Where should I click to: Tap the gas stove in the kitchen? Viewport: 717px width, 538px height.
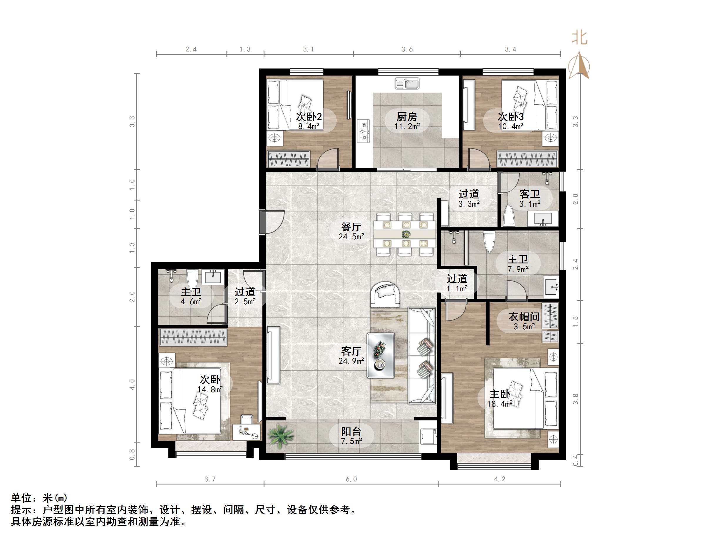coord(363,131)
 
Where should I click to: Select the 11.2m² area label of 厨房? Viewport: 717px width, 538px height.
coord(407,126)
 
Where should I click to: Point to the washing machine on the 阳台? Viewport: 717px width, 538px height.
coord(428,437)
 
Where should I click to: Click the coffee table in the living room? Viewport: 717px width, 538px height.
coord(381,355)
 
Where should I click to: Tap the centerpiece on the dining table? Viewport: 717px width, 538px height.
coord(406,234)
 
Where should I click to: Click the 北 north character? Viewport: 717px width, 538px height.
coord(579,38)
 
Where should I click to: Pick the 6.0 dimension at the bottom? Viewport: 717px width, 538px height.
coord(351,479)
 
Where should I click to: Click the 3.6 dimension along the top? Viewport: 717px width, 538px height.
coord(407,49)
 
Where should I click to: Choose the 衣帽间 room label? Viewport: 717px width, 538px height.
coord(524,317)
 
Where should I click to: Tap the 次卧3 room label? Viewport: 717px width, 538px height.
coord(510,116)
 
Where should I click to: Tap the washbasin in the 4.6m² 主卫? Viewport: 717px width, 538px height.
coord(213,277)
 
